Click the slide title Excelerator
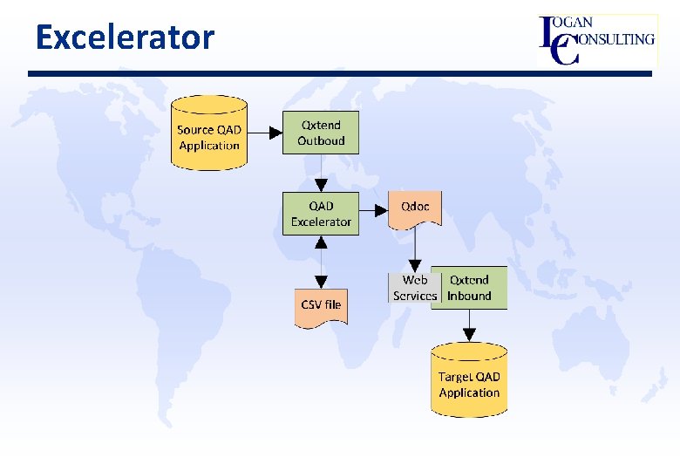(125, 38)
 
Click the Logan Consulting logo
(597, 39)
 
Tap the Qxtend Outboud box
(320, 133)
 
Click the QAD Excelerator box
(320, 214)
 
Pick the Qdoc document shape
(414, 208)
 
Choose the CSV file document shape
(321, 306)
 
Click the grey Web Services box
(414, 288)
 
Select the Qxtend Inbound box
(470, 288)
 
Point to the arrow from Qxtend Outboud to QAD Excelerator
(321, 174)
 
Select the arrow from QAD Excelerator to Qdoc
(373, 210)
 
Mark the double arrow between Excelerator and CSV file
(321, 262)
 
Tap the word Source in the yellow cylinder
(194, 130)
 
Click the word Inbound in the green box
(470, 296)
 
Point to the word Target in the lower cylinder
(454, 377)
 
